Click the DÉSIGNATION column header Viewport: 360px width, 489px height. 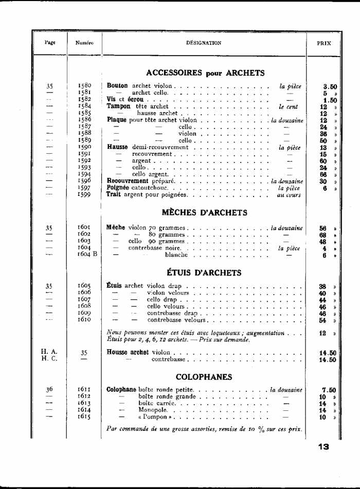pos(204,43)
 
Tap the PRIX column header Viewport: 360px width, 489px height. pos(324,43)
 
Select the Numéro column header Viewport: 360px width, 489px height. pos(84,43)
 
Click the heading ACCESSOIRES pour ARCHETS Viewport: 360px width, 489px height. pos(205,73)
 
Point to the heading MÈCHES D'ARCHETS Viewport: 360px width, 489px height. pos(204,212)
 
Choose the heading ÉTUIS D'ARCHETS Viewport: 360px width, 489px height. pos(204,272)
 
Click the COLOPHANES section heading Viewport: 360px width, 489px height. pos(204,377)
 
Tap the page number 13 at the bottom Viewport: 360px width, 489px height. pos(323,447)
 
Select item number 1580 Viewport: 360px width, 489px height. pos(84,86)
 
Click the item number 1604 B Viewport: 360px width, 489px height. pos(87,254)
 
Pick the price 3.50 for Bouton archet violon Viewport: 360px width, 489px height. pos(330,87)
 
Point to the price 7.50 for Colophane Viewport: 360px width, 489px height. pos(329,390)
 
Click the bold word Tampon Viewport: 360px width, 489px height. pos(119,106)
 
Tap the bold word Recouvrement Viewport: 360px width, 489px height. pos(128,181)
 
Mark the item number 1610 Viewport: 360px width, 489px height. pos(84,319)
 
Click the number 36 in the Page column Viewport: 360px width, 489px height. pos(49,390)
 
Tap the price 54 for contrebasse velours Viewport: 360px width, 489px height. pos(323,320)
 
